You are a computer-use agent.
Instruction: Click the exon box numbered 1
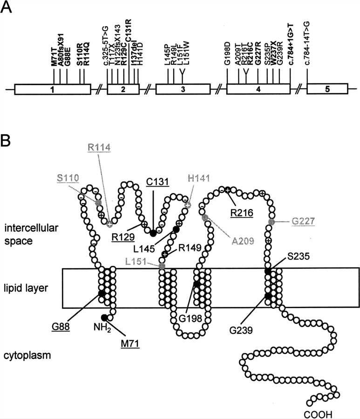[54, 89]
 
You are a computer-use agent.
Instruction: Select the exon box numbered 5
[327, 89]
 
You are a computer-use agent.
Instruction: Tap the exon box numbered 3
[182, 89]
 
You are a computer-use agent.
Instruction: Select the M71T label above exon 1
[54, 59]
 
